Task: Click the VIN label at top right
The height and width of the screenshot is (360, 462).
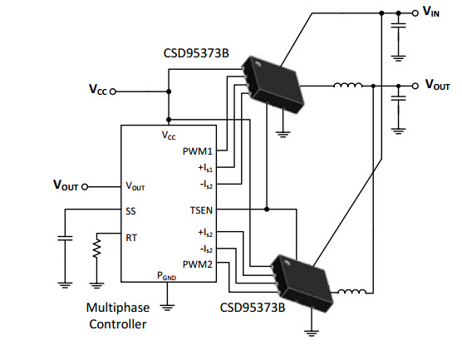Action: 431,12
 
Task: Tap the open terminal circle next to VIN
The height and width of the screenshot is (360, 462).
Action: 415,13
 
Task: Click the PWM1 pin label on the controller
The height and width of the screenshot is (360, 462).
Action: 198,151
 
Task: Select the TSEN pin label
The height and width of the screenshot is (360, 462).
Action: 201,210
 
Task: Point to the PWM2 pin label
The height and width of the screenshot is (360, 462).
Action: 198,264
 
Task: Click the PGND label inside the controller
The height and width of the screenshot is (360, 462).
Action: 167,276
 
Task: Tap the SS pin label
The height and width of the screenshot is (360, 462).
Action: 130,211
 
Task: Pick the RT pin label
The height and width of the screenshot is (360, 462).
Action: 131,238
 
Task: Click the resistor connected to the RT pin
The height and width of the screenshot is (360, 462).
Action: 96,249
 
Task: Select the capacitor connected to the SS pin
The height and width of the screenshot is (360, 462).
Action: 65,238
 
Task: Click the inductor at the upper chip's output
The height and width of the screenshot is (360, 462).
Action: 348,85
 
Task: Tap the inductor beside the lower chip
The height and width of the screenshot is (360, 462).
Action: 351,292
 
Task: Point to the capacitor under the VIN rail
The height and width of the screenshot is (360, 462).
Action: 398,25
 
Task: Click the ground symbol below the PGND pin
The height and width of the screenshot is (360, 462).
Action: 167,308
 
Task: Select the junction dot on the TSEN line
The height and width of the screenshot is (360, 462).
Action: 267,210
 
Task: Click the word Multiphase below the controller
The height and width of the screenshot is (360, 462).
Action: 118,308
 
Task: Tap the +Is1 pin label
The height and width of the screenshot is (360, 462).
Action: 205,168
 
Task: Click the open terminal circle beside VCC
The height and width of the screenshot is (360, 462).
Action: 112,91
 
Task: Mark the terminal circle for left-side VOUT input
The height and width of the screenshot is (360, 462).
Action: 85,186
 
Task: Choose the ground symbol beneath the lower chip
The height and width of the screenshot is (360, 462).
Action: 312,333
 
